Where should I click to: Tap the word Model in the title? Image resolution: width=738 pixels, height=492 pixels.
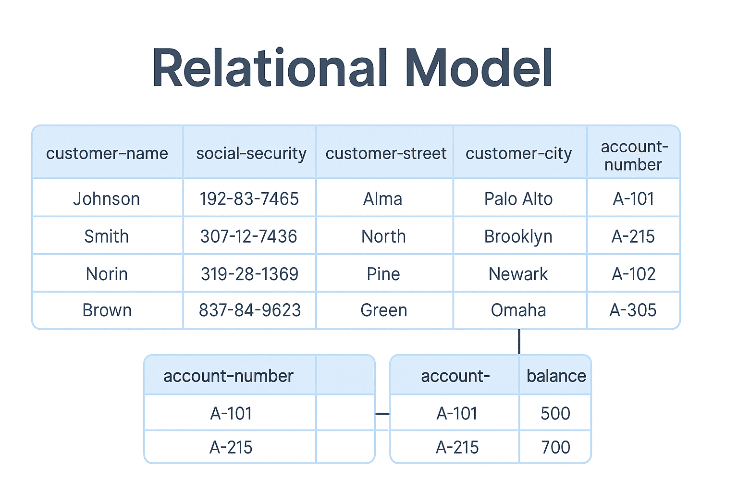479,68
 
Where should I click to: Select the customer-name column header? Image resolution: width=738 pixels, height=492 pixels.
107,153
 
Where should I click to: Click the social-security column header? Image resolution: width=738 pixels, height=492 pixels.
251,153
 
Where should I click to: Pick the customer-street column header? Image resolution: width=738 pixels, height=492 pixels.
386,153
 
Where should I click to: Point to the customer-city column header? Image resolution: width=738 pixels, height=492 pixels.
518,153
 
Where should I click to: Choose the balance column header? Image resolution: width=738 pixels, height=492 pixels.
556,376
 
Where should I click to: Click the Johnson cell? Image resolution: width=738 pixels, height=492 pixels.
107,198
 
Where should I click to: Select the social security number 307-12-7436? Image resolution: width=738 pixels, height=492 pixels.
249,236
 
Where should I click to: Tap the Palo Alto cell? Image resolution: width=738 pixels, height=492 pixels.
518,198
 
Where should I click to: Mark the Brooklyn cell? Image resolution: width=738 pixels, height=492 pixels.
518,236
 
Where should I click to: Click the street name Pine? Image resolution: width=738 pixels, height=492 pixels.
383,274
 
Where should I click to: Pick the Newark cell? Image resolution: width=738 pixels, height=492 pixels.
518,274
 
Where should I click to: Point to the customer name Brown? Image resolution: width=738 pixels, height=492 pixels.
107,310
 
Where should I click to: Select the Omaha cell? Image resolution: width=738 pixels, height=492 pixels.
518,310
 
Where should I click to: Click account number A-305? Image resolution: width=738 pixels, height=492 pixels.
633,310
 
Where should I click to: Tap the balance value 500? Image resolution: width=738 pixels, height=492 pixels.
555,413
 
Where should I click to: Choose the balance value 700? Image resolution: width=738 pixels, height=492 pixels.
555,447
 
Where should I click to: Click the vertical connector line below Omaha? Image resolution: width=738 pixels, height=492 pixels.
519,342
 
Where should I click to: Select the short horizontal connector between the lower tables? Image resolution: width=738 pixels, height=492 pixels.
382,414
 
